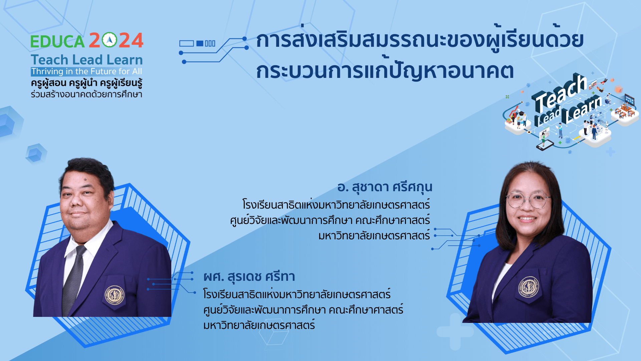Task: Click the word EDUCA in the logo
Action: pos(57,41)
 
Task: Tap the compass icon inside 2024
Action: pos(109,40)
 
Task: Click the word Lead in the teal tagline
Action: pos(87,60)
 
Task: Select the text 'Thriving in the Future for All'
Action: pos(87,72)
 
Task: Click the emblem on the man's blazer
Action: pos(115,295)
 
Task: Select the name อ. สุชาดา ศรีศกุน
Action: pos(385,188)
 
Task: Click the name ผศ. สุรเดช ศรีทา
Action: pos(249,277)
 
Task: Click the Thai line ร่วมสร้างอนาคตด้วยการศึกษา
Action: pos(86,94)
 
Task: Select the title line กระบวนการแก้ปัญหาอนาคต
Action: pos(385,71)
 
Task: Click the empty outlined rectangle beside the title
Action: pos(187,43)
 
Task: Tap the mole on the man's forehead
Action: pos(85,180)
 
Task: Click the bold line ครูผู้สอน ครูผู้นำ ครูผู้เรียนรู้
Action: pos(86,83)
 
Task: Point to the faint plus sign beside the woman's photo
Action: pos(455,331)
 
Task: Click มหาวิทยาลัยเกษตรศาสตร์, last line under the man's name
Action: pos(259,325)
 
